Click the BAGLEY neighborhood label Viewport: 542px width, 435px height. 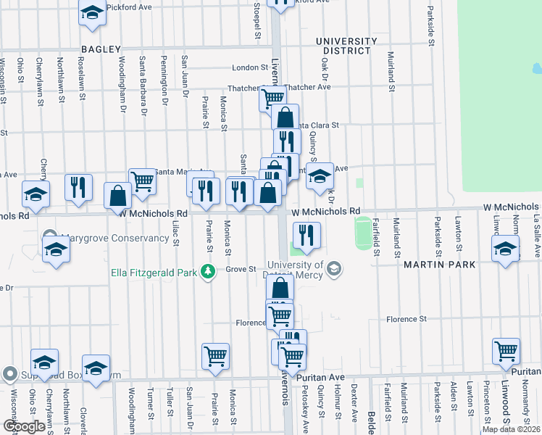pos(101,49)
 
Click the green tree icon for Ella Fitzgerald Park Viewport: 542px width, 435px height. pos(209,272)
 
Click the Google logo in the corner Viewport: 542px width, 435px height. pos(23,426)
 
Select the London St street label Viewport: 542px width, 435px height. pos(250,67)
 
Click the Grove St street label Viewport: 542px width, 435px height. pos(241,269)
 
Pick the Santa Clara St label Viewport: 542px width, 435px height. pos(316,125)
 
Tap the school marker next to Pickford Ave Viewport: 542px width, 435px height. pos(91,14)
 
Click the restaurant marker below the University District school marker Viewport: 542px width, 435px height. pos(307,233)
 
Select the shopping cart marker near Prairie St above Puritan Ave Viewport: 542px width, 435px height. pos(215,356)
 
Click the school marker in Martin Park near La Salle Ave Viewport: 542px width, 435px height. pos(505,249)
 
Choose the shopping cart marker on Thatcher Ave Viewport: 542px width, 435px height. pos(272,97)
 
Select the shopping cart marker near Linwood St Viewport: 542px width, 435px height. pos(506,351)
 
